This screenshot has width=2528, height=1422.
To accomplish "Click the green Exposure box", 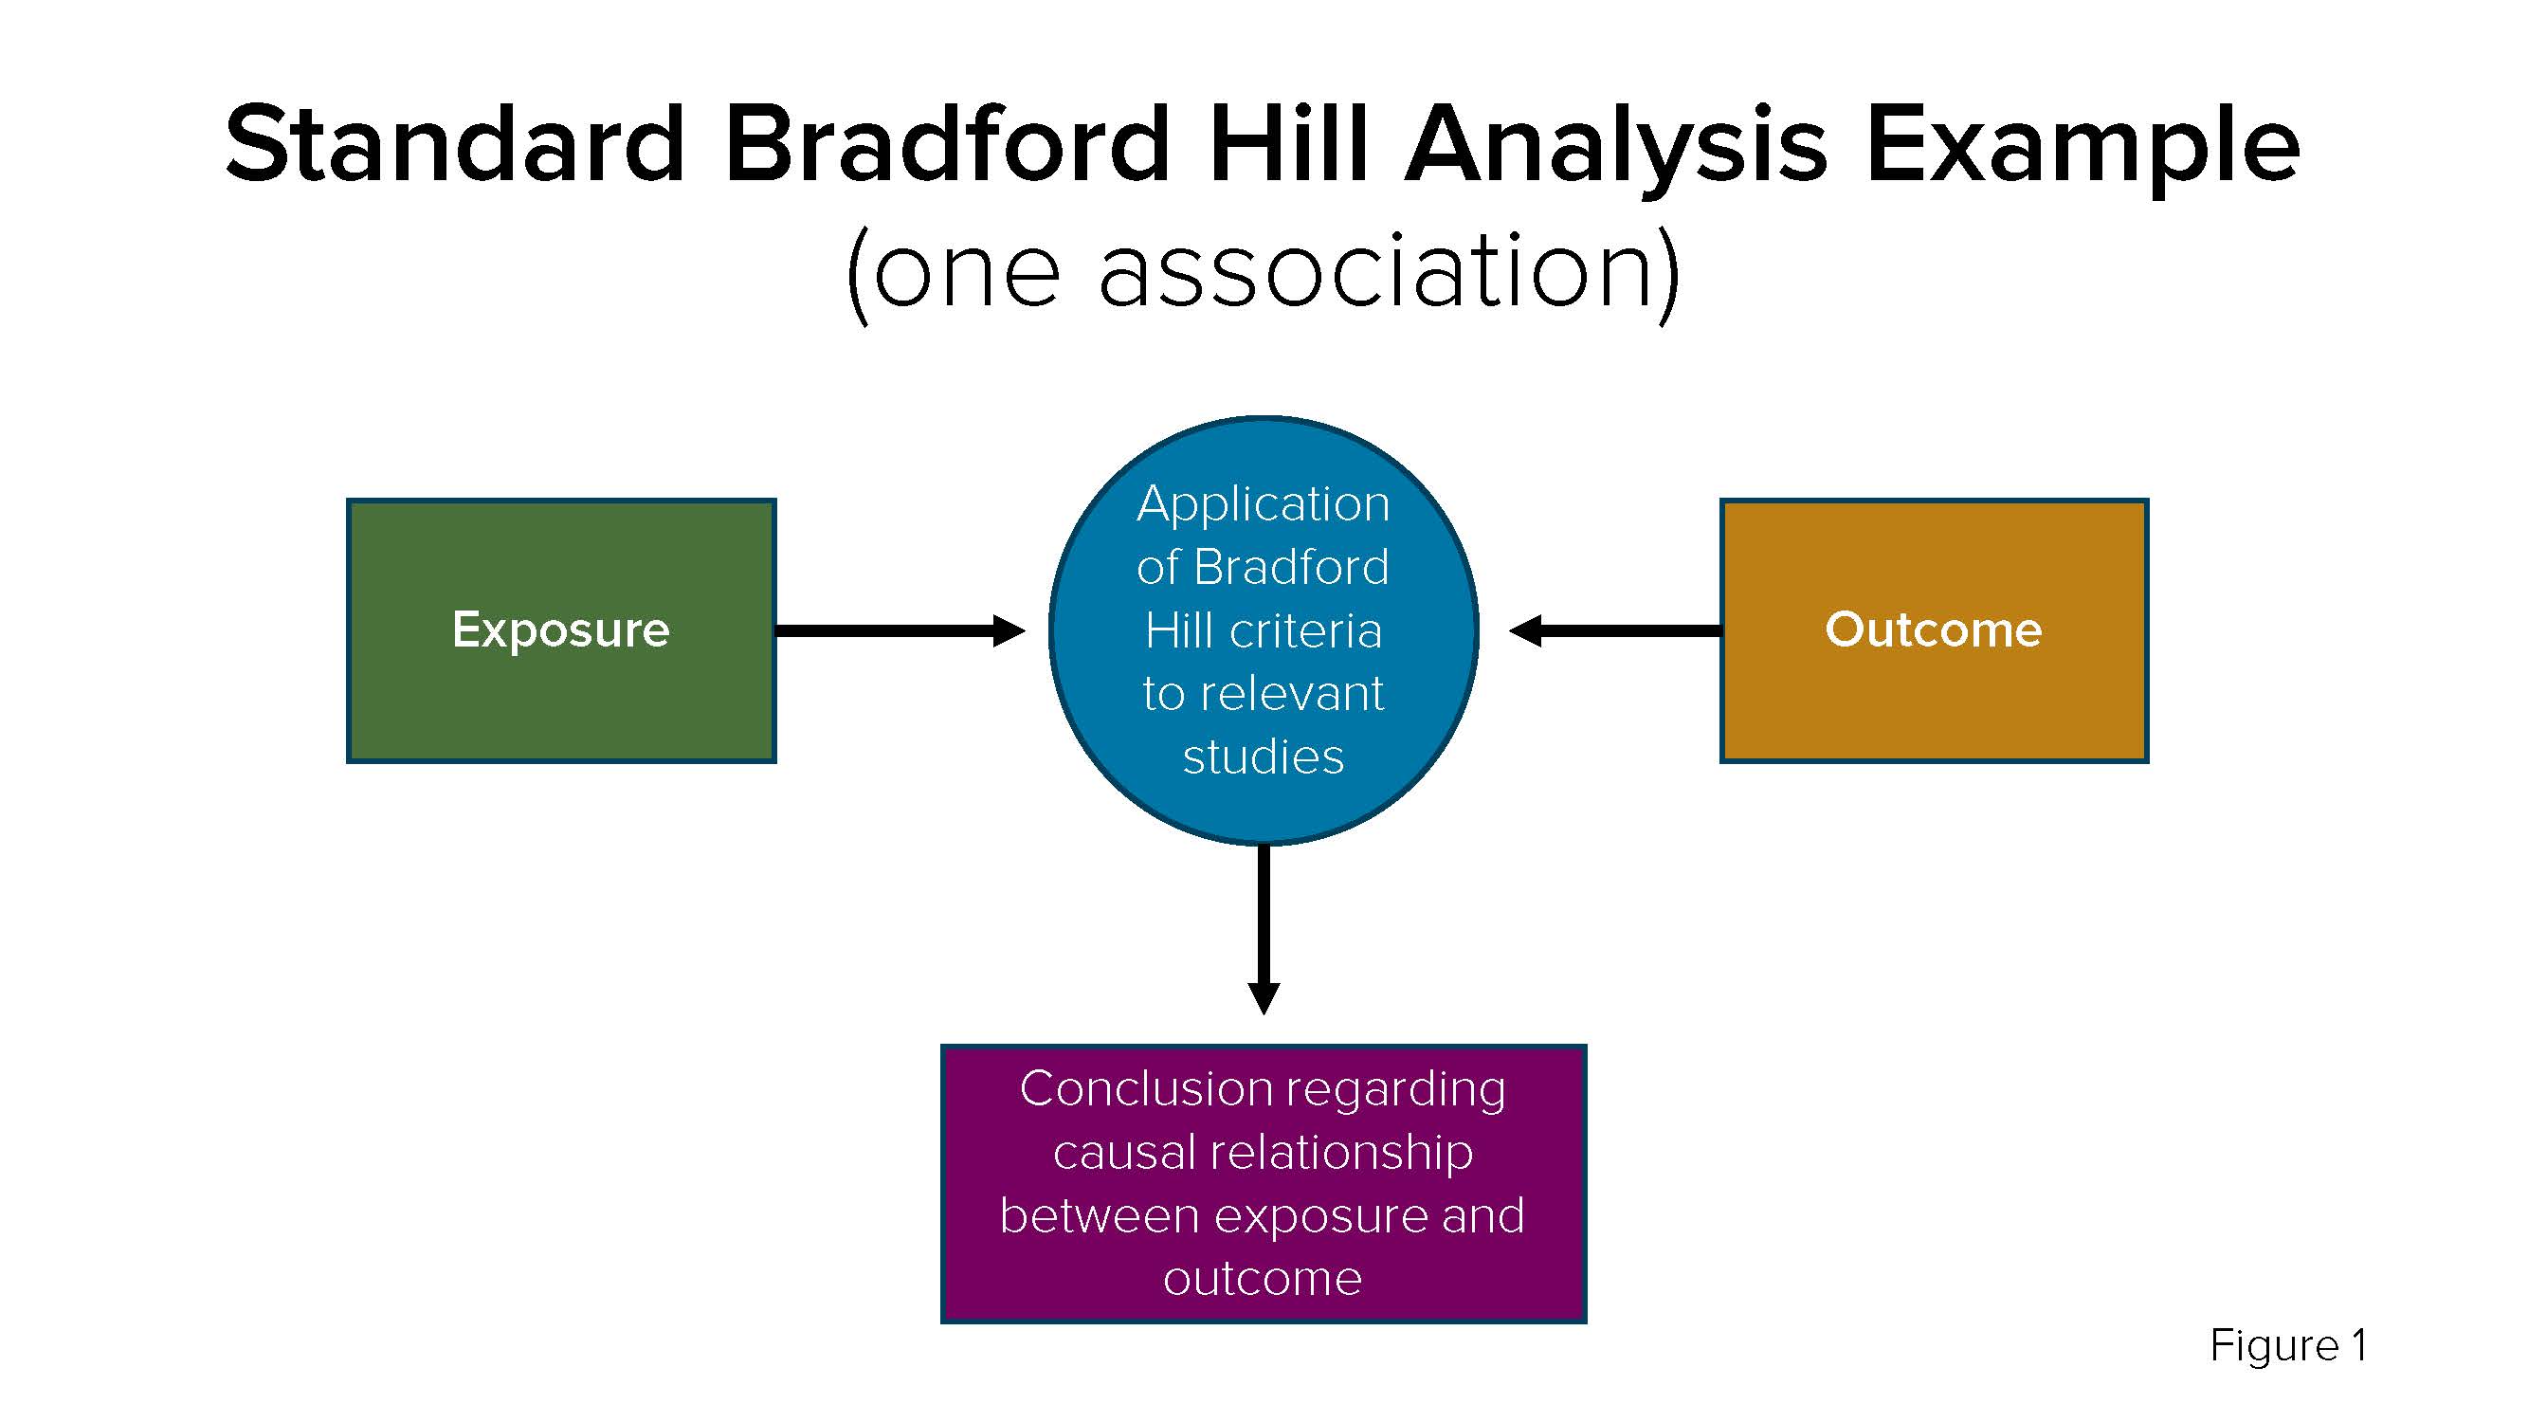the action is pyautogui.click(x=561, y=630).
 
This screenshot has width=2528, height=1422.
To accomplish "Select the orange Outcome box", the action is pyautogui.click(x=1935, y=630).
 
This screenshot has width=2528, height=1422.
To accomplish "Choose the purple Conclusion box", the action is pyautogui.click(x=1263, y=1183).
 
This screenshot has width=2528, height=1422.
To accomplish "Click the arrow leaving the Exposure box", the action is pyautogui.click(x=900, y=630).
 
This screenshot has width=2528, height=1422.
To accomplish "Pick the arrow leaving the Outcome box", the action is pyautogui.click(x=1614, y=630).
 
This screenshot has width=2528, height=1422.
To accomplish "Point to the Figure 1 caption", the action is pyautogui.click(x=2287, y=1345).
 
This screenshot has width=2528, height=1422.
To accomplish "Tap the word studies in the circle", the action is pyautogui.click(x=1263, y=757).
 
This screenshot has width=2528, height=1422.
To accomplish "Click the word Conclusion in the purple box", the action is pyautogui.click(x=1146, y=1088).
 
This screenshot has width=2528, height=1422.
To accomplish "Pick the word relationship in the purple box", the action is pyautogui.click(x=1340, y=1154).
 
